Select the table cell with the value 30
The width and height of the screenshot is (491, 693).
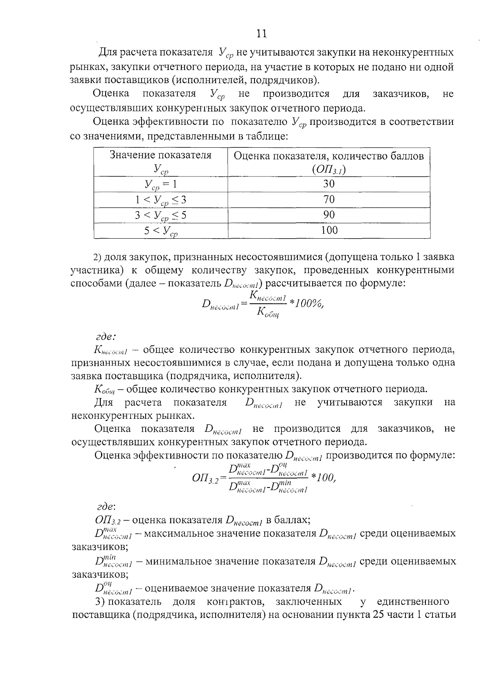pyautogui.click(x=329, y=184)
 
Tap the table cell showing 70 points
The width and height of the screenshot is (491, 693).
pyautogui.click(x=329, y=200)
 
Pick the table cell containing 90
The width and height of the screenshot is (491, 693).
pyautogui.click(x=329, y=215)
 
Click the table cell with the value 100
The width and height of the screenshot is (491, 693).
pyautogui.click(x=329, y=230)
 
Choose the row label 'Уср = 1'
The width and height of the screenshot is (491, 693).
pyautogui.click(x=160, y=185)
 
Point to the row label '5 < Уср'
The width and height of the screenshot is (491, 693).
pyautogui.click(x=160, y=231)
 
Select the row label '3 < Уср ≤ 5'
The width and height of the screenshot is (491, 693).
pyautogui.click(x=160, y=215)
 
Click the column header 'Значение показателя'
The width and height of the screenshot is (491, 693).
pyautogui.click(x=160, y=155)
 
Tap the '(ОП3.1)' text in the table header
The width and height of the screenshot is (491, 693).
pyautogui.click(x=329, y=169)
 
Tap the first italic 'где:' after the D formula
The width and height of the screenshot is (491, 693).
pyautogui.click(x=106, y=336)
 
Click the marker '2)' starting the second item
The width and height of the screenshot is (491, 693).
pyautogui.click(x=97, y=257)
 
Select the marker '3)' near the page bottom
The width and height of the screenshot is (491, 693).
pyautogui.click(x=100, y=602)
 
